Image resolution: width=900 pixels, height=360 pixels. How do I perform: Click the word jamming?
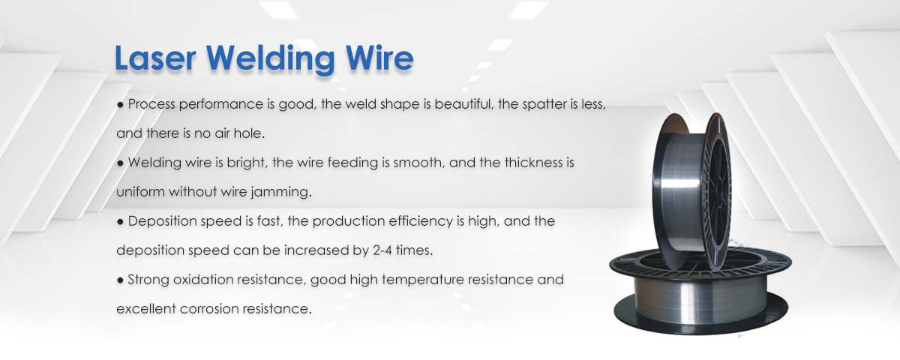tap(283, 192)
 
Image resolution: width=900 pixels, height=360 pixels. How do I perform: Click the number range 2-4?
tap(394, 250)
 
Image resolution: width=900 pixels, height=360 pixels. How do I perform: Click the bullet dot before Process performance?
tap(120, 105)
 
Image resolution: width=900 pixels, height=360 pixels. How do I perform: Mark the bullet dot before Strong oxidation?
tap(120, 280)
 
